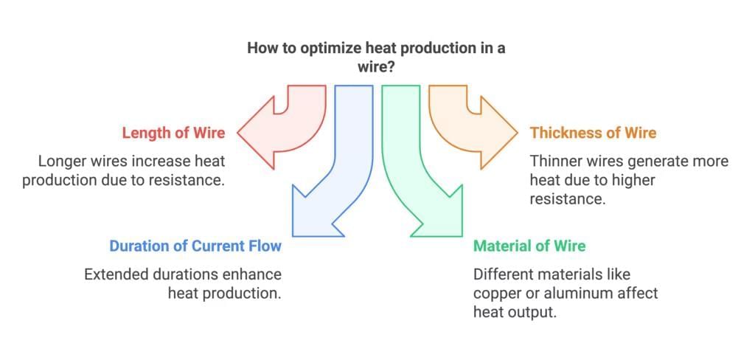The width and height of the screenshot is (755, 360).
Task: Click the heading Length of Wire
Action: [x=173, y=133]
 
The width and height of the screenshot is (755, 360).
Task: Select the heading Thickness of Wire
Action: [x=593, y=133]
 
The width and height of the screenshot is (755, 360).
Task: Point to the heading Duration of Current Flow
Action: [x=195, y=246]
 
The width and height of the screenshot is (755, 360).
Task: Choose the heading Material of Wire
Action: [x=529, y=246]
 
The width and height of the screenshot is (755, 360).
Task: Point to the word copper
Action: [x=498, y=294]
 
